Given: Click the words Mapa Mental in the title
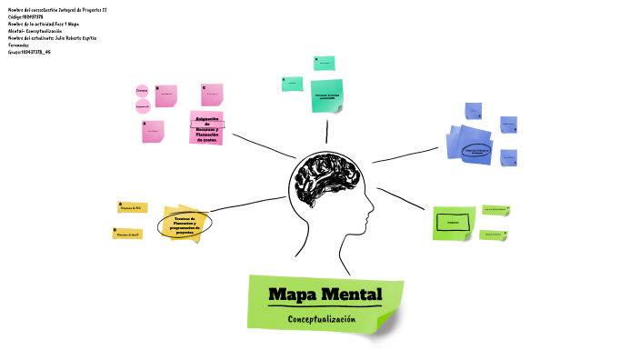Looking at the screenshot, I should [325, 295].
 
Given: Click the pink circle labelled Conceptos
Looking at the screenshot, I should [142, 92].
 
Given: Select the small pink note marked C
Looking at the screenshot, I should [212, 94].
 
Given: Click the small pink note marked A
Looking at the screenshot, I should [153, 132].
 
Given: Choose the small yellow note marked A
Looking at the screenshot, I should [132, 208].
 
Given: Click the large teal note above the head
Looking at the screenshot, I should [326, 95].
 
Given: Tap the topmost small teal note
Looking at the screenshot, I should [324, 63].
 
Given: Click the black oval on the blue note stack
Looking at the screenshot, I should [478, 150].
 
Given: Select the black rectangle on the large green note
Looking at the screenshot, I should [453, 222].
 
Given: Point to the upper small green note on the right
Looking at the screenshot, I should [495, 209].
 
